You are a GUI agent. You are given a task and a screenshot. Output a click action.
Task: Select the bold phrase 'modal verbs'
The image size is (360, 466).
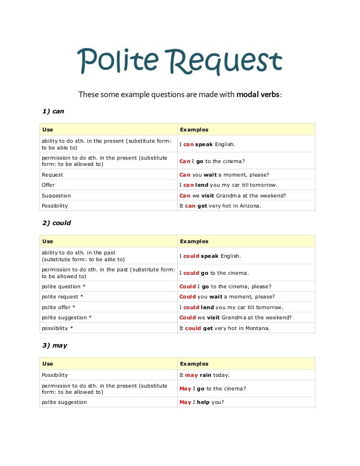[x=258, y=94]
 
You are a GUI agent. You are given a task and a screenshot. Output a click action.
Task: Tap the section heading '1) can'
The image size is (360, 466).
[x=54, y=111]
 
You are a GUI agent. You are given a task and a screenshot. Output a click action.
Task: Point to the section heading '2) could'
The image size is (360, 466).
[x=56, y=223]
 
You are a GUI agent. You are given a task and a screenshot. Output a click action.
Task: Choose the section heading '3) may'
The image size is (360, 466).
[x=55, y=345]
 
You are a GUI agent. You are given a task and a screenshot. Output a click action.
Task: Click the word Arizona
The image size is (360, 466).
[x=249, y=206]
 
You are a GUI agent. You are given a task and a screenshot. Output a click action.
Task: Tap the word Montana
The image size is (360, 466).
[x=257, y=328]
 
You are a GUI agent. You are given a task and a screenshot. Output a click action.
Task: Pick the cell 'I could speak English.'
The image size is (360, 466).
[x=210, y=256]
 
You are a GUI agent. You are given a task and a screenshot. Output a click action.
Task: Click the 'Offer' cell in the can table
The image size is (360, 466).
[x=49, y=185]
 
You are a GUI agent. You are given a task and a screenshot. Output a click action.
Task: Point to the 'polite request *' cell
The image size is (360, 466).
[x=62, y=297]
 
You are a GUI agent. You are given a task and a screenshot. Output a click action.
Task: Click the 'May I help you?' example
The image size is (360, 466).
[x=202, y=402]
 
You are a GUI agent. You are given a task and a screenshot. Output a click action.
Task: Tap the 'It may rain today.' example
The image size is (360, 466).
[x=204, y=375]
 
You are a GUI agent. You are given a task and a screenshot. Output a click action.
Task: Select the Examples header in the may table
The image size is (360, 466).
[x=194, y=364]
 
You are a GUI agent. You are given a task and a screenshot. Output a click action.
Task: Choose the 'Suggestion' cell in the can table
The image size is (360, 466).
[x=56, y=196]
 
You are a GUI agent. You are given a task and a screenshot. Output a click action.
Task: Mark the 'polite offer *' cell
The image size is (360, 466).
[x=59, y=307]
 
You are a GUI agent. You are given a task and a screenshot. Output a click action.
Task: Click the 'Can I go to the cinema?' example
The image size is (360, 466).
[x=212, y=161]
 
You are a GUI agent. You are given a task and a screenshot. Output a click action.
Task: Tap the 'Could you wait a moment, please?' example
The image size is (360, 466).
[x=227, y=297]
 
